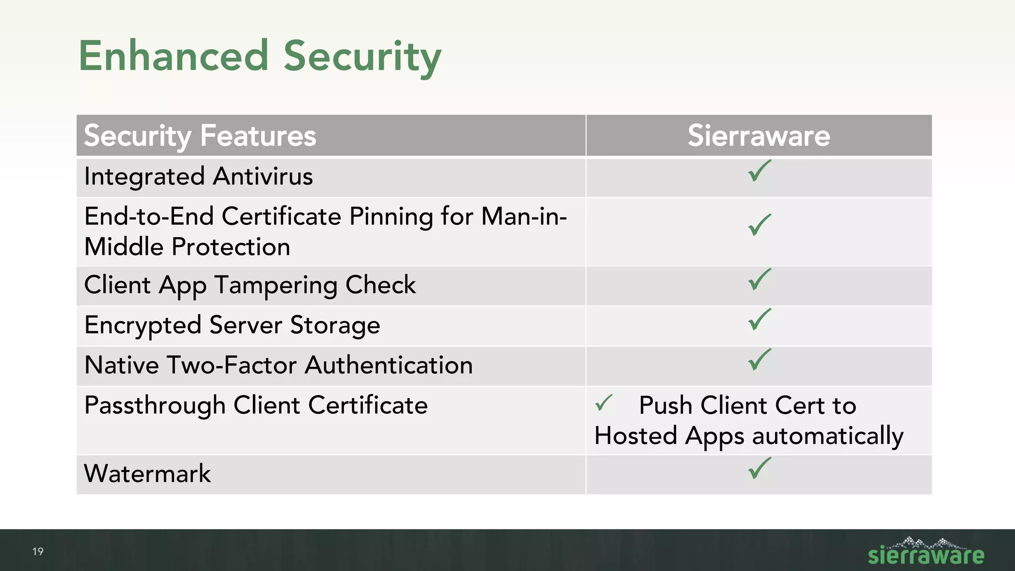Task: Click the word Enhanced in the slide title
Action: point(173,56)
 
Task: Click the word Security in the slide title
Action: point(362,57)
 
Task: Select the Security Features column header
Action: point(200,136)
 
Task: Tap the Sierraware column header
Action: point(758,136)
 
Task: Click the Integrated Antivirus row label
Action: point(198,176)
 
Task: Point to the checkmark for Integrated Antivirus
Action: point(759,171)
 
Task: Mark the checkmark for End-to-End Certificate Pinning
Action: point(759,226)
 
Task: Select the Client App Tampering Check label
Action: point(250,285)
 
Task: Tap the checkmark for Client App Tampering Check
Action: point(759,280)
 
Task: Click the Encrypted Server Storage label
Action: point(232,326)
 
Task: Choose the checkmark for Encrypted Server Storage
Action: point(759,320)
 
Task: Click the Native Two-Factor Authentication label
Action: point(278,365)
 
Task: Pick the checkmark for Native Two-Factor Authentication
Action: point(759,360)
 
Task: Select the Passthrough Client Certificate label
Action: point(256,405)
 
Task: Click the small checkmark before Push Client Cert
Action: point(604,403)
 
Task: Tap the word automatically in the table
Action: point(828,436)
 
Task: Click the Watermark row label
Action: point(147,474)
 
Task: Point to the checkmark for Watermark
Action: point(759,468)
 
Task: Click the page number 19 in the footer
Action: point(38,552)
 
